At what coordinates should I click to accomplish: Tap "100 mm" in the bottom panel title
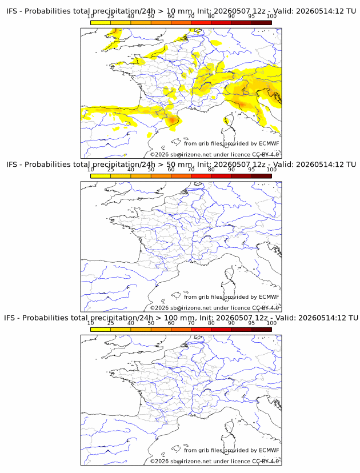coord(181,318)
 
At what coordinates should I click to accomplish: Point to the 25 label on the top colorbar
coord(111,17)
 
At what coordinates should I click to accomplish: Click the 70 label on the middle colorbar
coord(191,170)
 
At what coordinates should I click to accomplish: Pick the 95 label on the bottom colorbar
coord(251,323)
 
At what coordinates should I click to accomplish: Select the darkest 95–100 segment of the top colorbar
coord(261,23)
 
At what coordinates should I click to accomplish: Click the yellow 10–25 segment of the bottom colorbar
coord(101,330)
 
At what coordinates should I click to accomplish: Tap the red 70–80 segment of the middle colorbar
coord(201,176)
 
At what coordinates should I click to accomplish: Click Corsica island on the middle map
coord(229,275)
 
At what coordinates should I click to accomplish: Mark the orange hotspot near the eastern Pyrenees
coord(173,120)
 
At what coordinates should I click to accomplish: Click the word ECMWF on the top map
coord(269,143)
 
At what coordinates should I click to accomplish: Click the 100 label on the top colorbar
coord(271,17)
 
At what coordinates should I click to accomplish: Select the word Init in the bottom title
coord(206,318)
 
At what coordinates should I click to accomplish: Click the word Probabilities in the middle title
coord(47,165)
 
